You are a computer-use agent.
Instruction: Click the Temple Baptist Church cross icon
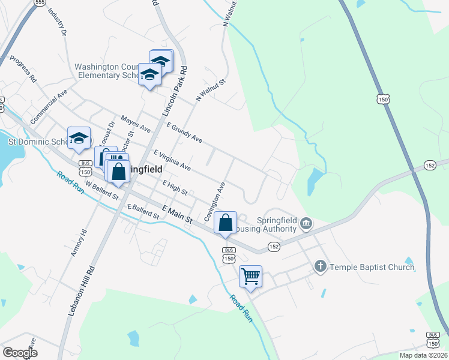click(321, 266)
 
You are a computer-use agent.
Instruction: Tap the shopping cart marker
click(250, 277)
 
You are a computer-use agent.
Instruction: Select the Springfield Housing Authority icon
click(306, 224)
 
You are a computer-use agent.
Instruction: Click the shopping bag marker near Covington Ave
click(226, 223)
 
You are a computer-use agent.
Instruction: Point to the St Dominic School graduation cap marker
click(79, 139)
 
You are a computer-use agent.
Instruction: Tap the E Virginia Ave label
click(172, 160)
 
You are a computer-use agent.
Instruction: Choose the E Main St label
click(176, 213)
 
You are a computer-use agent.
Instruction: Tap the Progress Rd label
click(24, 70)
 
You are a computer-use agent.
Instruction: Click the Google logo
click(20, 352)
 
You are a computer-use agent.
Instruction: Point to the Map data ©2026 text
click(423, 355)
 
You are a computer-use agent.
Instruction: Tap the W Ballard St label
click(103, 191)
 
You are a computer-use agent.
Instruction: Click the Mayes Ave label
click(136, 124)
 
